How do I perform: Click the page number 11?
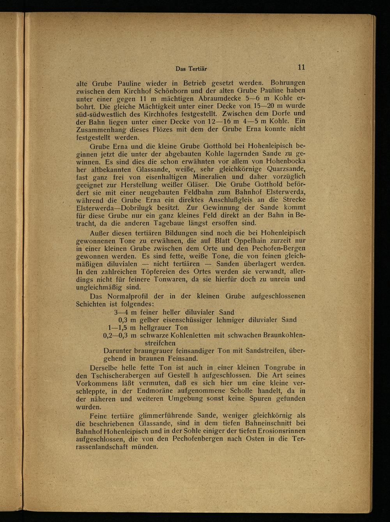pyautogui.click(x=301, y=67)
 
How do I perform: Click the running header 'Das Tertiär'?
pyautogui.click(x=191, y=69)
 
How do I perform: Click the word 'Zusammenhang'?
pyautogui.click(x=99, y=129)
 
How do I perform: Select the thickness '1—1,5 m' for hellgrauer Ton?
pyautogui.click(x=122, y=328)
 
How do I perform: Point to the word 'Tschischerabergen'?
pyautogui.click(x=119, y=376)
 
